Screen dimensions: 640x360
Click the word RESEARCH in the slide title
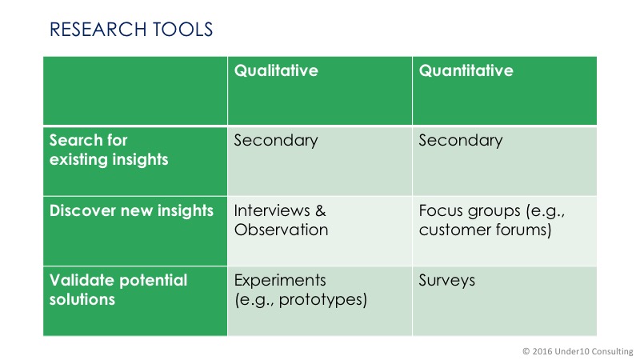(98, 30)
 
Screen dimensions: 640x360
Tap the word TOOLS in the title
(183, 30)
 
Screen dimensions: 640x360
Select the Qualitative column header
(276, 70)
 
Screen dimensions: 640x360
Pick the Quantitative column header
(466, 70)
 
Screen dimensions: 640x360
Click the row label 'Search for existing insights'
(109, 150)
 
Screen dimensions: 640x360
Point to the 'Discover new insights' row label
(131, 211)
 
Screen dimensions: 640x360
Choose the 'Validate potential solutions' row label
(118, 290)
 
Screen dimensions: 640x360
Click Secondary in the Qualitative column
(276, 141)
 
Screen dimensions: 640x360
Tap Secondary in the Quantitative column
(461, 141)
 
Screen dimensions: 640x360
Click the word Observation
(282, 230)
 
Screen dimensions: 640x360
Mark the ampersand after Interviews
(321, 210)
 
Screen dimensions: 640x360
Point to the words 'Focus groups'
(470, 211)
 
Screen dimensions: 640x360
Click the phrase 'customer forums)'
(486, 230)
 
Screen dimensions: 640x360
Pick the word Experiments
(280, 281)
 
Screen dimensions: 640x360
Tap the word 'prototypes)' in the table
(323, 300)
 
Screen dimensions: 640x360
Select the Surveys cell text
(447, 281)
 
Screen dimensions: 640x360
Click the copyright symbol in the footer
(526, 351)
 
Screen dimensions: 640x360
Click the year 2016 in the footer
(542, 351)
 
